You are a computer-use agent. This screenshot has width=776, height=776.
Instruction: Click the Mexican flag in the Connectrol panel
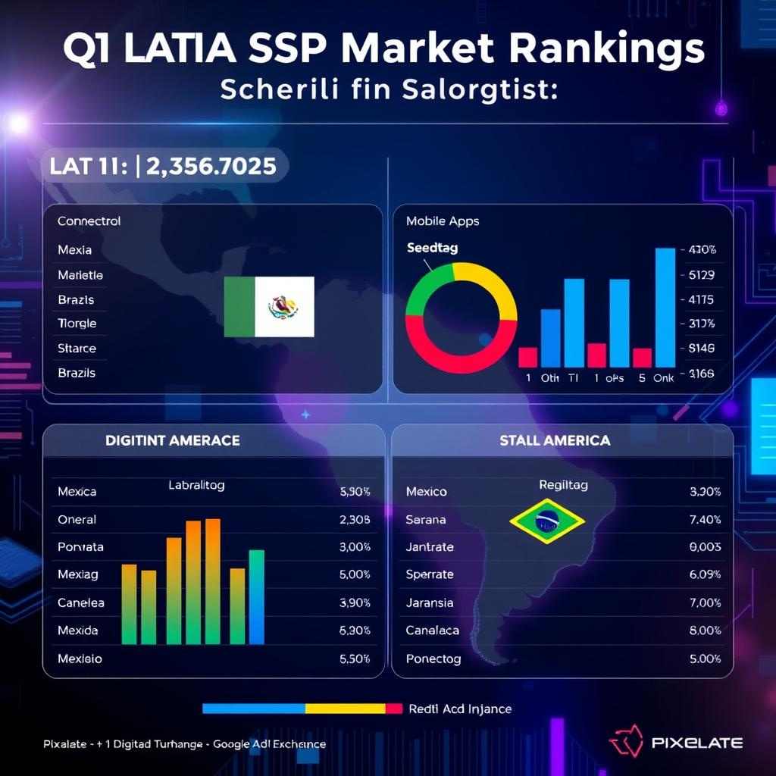click(269, 306)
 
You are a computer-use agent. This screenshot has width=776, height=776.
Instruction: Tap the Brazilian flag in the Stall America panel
click(547, 521)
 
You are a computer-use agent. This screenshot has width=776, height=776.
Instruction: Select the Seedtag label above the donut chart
click(432, 248)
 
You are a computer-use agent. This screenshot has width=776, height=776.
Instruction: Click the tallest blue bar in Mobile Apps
click(665, 307)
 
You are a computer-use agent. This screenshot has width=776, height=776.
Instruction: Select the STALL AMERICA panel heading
click(555, 440)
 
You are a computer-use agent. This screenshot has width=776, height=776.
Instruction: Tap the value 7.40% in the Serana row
click(705, 520)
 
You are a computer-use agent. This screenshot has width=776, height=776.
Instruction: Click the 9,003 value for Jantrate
click(705, 547)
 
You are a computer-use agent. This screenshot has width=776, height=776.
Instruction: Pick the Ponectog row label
click(433, 659)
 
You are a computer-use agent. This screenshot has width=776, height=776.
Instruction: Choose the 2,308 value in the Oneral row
click(355, 520)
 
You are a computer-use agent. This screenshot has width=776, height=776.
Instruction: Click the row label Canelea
click(81, 603)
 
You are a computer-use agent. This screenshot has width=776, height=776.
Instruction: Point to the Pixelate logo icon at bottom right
click(626, 743)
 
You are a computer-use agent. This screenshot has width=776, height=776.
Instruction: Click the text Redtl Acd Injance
click(460, 709)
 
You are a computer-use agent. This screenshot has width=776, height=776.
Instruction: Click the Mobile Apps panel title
click(443, 221)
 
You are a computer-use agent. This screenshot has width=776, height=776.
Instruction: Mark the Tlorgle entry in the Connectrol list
click(77, 324)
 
